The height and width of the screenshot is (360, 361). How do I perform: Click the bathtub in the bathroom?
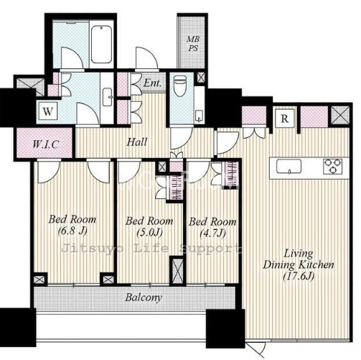(101, 45)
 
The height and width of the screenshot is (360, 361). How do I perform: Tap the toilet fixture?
(180, 86)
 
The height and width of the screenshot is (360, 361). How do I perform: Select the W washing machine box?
(48, 111)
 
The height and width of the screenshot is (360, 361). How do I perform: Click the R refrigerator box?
(284, 119)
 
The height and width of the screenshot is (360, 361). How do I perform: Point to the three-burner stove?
(333, 166)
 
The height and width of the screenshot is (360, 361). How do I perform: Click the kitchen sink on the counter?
(289, 166)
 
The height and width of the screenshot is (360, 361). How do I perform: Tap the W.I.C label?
(45, 144)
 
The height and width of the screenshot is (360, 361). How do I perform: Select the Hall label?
(137, 142)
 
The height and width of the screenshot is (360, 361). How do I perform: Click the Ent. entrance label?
(152, 83)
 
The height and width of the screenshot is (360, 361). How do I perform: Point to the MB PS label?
(193, 44)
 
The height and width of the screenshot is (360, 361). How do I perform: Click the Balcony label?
(144, 297)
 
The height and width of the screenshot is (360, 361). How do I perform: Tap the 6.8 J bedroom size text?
(72, 231)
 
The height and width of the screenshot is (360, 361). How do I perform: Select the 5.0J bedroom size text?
(149, 232)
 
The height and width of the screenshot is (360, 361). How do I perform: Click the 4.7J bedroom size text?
(212, 233)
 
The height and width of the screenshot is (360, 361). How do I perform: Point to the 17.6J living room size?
(299, 277)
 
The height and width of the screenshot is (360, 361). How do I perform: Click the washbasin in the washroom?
(108, 97)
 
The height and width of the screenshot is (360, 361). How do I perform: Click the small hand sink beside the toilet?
(199, 116)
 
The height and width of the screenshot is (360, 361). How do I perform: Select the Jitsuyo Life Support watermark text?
(151, 249)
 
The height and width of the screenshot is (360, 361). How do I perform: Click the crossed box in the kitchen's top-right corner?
(340, 116)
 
